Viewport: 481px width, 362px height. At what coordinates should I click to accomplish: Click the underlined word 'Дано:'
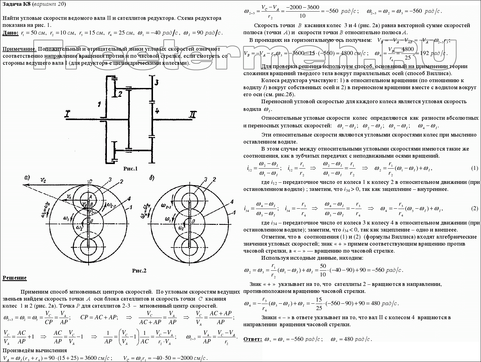tap(10, 33)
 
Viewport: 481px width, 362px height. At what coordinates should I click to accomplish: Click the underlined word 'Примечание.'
tap(20, 49)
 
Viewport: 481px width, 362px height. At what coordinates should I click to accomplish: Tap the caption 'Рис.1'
tap(130, 169)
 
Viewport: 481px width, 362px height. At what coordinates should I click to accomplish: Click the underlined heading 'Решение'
tap(15, 278)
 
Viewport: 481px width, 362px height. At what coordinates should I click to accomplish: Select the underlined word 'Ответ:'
tap(253, 339)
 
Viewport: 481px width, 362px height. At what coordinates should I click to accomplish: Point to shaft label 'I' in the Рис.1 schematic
tap(67, 114)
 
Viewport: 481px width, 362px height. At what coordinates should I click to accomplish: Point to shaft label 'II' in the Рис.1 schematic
tap(192, 115)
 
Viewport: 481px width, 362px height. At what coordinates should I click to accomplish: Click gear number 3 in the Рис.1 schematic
tap(156, 82)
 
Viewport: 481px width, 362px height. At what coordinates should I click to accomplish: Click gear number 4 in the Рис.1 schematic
tap(157, 111)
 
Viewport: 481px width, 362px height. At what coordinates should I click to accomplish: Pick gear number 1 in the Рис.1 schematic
tap(99, 104)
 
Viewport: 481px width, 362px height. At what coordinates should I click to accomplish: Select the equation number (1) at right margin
tap(474, 168)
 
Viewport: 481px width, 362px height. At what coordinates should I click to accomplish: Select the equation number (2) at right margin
tap(474, 208)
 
